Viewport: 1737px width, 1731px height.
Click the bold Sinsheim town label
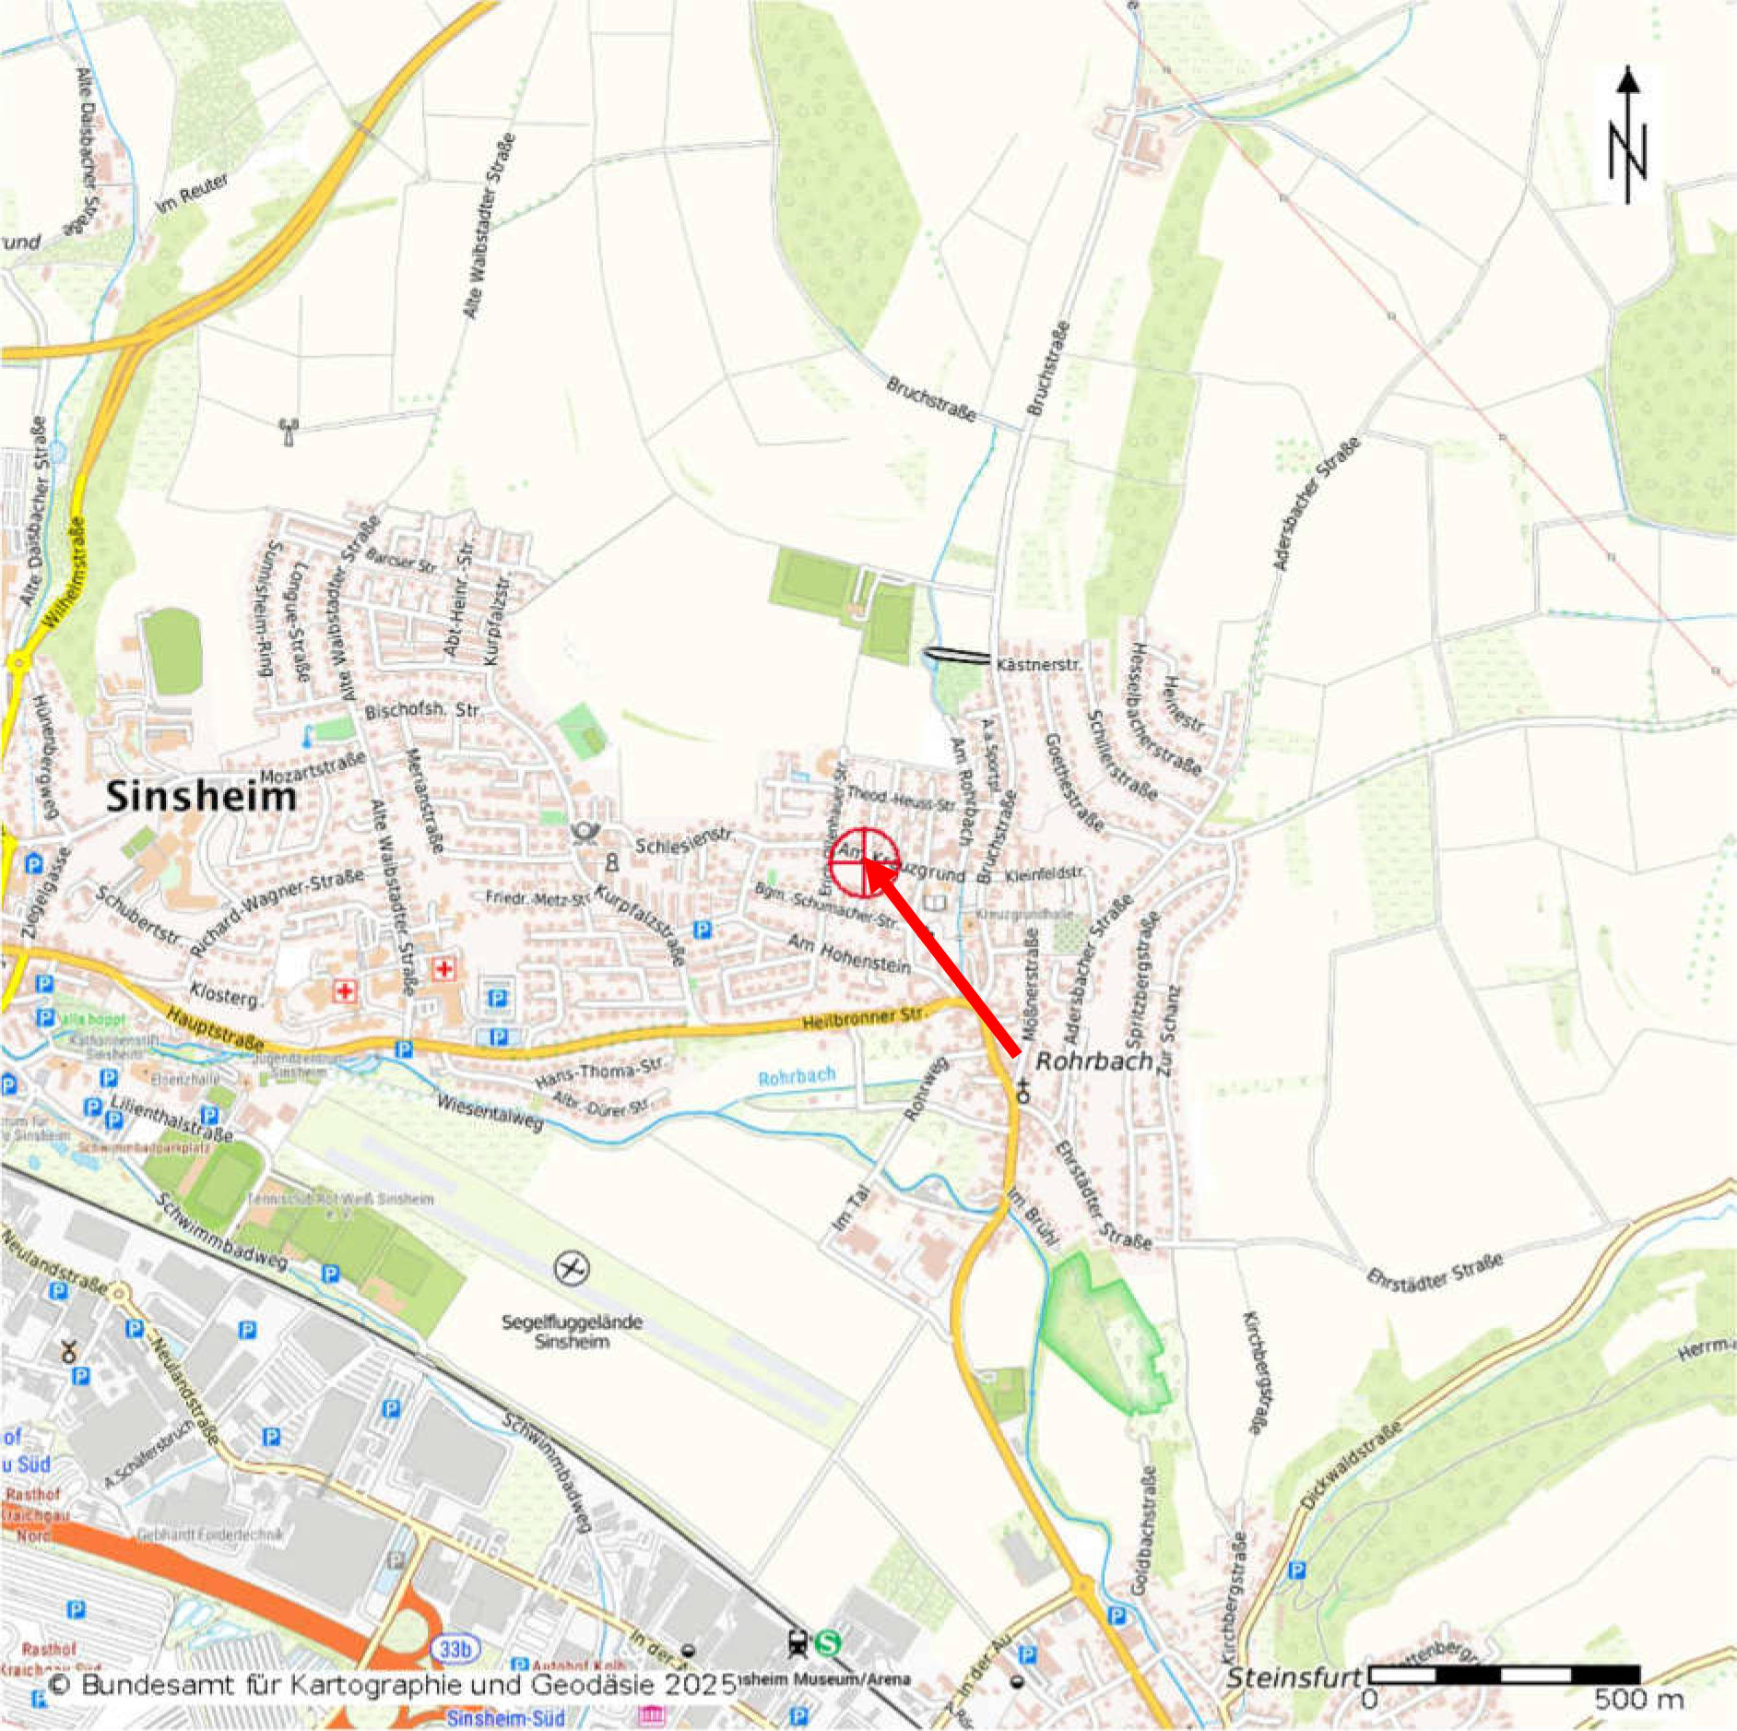201,796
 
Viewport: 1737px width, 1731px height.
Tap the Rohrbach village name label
1094,1061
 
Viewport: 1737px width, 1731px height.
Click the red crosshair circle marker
865,861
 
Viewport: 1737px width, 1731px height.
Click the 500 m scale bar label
1638,1699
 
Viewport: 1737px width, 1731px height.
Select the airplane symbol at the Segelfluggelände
572,1269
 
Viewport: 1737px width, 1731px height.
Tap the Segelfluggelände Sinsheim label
572,1331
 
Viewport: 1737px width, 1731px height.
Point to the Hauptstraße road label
214,1027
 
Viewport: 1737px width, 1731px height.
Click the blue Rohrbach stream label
797,1076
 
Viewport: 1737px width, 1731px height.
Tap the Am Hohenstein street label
848,954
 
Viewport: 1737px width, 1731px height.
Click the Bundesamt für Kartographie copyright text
392,1684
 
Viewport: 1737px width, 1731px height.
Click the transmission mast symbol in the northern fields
288,431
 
